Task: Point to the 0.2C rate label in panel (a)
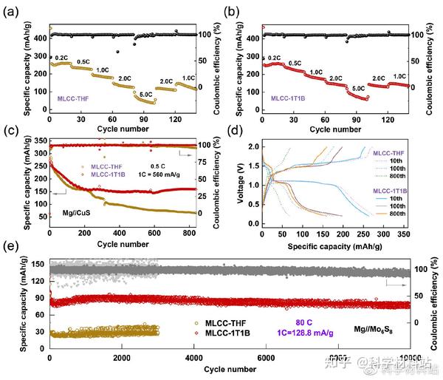click(x=63, y=56)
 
